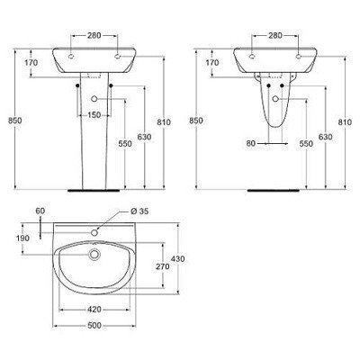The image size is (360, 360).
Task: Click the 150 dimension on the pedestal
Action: click(94, 115)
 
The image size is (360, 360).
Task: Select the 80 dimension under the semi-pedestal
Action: click(251, 144)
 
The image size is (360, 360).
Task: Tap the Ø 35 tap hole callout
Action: click(139, 211)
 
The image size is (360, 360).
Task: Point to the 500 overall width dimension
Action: click(94, 326)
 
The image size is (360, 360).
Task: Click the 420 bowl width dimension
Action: click(94, 310)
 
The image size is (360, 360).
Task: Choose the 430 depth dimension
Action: click(178, 258)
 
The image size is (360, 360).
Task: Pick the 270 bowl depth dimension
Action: click(163, 266)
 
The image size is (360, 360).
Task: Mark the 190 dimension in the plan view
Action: click(22, 238)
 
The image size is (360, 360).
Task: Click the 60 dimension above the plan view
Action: click(40, 211)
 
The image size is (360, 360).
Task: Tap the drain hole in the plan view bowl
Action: click(94, 255)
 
